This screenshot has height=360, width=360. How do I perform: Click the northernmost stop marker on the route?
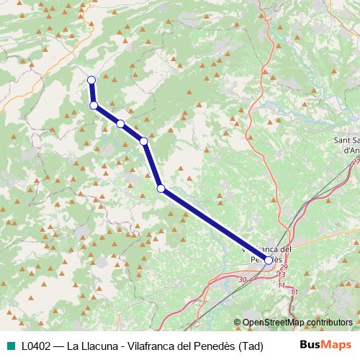pos(91,80)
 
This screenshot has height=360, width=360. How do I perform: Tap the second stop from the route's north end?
pos(94,105)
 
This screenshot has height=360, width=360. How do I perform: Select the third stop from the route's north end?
pos(120,124)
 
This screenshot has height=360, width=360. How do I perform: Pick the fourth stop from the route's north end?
pos(144,141)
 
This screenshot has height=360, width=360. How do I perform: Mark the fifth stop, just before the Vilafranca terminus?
pos(161,189)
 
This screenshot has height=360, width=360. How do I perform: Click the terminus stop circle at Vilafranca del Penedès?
pos(269,260)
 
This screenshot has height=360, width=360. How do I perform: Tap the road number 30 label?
pos(242,279)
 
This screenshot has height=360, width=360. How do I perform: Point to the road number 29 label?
pos(283,266)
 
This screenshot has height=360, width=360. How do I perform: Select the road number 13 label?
pos(281,275)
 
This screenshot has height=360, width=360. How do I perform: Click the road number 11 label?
pos(294,292)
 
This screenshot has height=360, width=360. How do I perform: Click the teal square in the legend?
pos(9,345)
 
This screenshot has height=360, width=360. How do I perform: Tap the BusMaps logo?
pos(325,344)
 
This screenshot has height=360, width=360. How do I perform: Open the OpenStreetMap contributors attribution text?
pos(297,323)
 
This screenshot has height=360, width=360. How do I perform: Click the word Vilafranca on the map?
pos(270,248)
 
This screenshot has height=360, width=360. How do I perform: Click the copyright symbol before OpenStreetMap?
pos(238,323)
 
